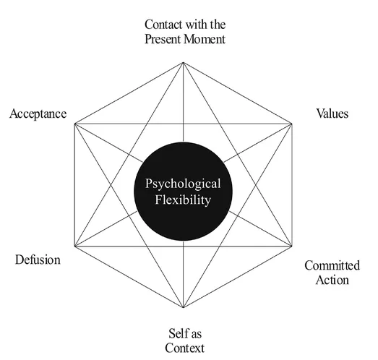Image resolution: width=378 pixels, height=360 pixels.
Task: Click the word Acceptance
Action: coord(38,114)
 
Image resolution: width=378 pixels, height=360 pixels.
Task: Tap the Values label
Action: coord(333,114)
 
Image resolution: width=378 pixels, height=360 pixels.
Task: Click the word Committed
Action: coord(332,266)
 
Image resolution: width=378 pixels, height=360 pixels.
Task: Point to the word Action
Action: coord(332,280)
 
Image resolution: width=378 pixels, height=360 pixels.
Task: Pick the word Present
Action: coord(163,38)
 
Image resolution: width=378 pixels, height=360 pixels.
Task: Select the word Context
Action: coord(184,348)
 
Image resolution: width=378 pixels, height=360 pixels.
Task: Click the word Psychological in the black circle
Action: coord(182,184)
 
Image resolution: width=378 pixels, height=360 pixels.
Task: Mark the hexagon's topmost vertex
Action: coord(184,63)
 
